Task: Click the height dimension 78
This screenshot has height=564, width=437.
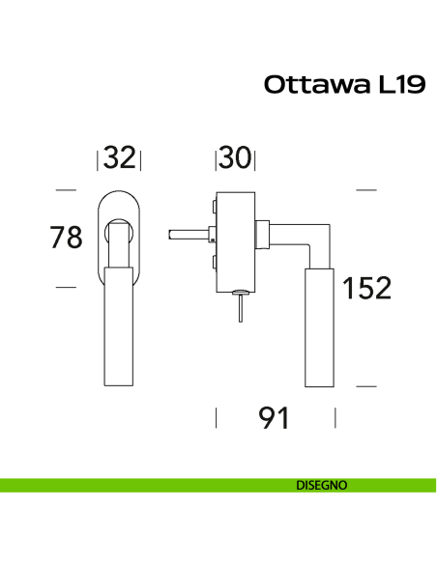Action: click(x=67, y=238)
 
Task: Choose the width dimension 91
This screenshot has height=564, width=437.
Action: click(x=276, y=419)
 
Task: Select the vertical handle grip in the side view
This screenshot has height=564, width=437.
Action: click(x=319, y=328)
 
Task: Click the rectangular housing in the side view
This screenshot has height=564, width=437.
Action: click(x=235, y=241)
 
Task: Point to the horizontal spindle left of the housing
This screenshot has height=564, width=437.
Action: click(x=188, y=234)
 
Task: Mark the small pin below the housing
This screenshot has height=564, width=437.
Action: click(x=234, y=307)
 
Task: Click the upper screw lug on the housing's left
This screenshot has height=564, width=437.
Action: click(x=210, y=207)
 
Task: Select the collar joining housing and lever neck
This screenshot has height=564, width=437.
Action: click(x=261, y=234)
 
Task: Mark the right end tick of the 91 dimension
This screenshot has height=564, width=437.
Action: click(x=335, y=418)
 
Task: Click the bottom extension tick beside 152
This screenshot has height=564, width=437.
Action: click(x=365, y=385)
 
